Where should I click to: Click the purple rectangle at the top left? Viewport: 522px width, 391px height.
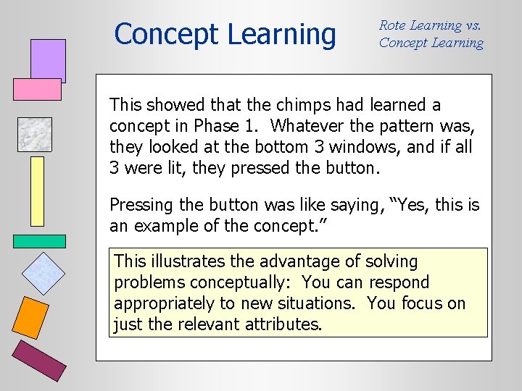point(48,60)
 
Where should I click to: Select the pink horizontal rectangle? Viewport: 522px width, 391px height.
point(37,89)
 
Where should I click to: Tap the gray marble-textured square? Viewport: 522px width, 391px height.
point(35,134)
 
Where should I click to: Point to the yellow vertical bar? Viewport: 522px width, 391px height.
point(37,191)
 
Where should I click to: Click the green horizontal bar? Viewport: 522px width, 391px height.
point(39,241)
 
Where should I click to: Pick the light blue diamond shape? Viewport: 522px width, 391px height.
point(43,273)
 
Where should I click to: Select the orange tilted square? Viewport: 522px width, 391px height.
point(32,318)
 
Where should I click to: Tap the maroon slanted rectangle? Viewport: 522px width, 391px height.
point(41,361)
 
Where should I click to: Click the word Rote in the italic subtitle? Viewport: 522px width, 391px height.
point(392,25)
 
